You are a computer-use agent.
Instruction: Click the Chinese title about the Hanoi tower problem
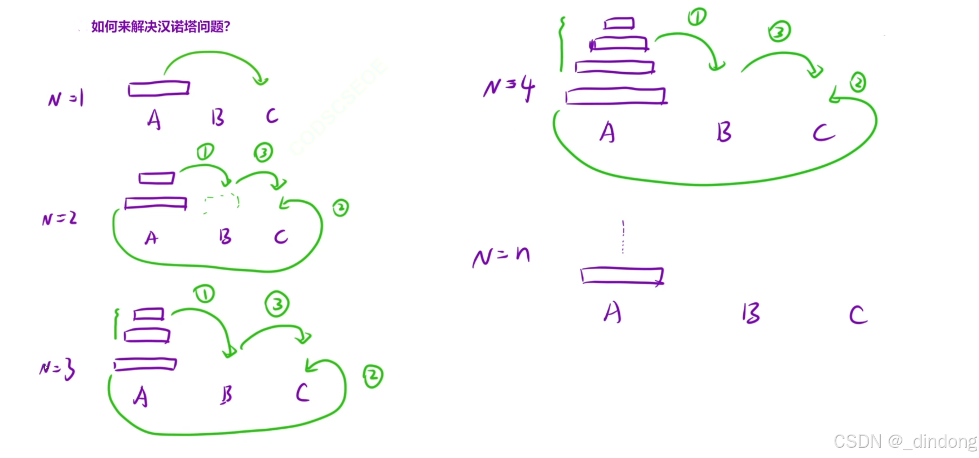coord(161,27)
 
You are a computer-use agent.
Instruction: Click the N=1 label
coord(66,99)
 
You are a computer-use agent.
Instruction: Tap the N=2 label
coord(59,218)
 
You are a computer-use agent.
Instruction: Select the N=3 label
coord(58,369)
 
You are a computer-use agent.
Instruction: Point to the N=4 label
coord(509,87)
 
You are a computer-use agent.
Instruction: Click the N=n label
coord(501,257)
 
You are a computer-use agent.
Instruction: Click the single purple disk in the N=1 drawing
coord(159,89)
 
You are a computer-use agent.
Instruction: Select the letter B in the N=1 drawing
coord(218,117)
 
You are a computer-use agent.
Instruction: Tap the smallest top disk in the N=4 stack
coord(619,24)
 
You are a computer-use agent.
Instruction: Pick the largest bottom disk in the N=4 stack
coord(616,96)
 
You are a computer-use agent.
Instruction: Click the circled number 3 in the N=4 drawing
coord(779,32)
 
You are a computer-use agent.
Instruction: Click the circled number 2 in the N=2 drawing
coord(341,208)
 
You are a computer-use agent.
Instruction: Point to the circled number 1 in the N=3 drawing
coord(204,294)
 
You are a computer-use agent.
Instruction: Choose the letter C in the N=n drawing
coord(858,315)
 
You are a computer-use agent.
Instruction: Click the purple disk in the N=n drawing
coord(622,276)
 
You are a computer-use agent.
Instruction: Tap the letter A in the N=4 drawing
coord(607,133)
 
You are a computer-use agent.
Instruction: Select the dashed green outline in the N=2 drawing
coord(221,203)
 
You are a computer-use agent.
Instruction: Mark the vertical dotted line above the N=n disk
coord(623,237)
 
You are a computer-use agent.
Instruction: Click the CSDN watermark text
coord(905,441)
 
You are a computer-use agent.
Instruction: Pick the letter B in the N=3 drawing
coord(226,395)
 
